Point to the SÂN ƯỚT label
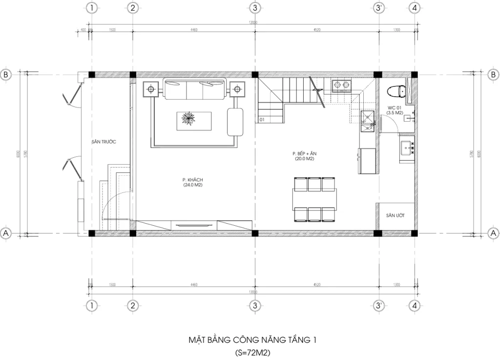(395, 215)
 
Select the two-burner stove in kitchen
(341, 86)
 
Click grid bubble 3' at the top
(379, 8)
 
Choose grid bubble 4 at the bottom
(414, 306)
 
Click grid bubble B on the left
(6, 75)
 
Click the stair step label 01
(262, 119)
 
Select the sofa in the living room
(194, 89)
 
